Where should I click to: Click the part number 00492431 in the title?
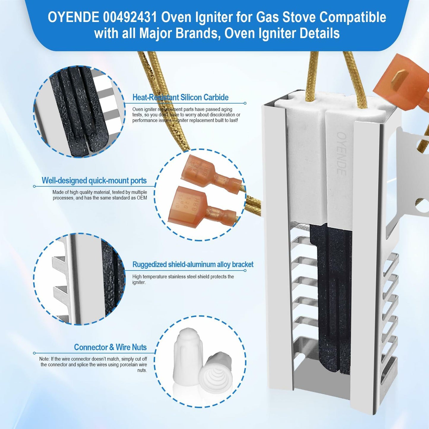(x=130, y=17)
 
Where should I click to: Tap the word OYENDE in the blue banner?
(x=73, y=17)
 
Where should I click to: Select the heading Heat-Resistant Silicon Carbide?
(x=180, y=97)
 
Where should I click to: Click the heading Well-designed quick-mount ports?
(x=94, y=180)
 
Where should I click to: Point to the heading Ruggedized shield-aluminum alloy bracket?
(x=193, y=265)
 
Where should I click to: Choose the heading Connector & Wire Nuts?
(x=110, y=347)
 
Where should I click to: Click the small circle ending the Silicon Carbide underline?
(x=245, y=103)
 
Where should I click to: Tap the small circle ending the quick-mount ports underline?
(x=34, y=186)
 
